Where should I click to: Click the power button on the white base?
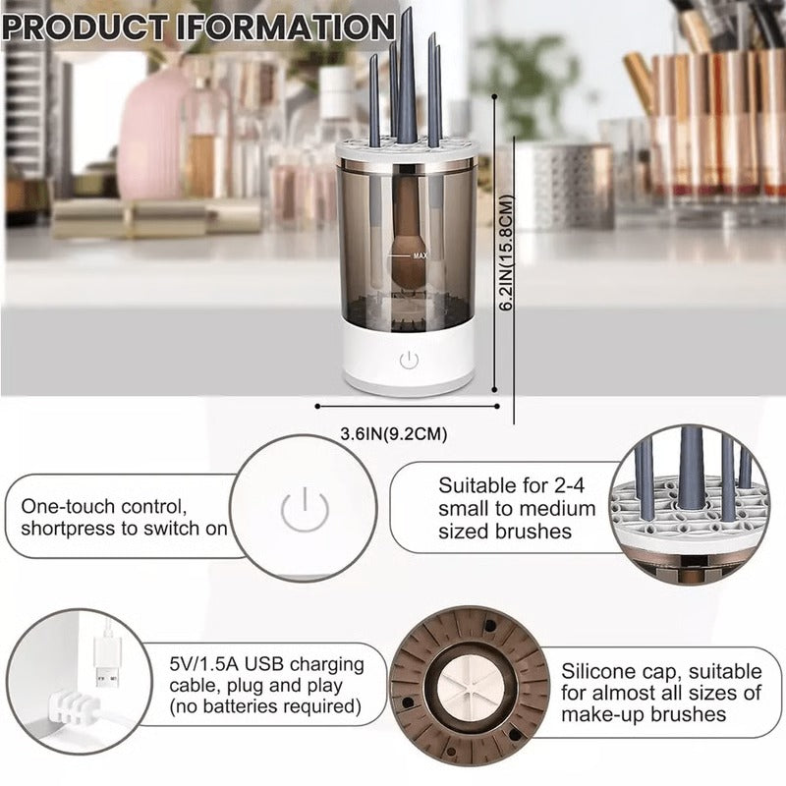pos(409,361)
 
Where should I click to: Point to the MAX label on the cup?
pos(421,255)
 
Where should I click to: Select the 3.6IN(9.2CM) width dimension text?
pos(385,432)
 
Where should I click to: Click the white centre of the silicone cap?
pos(469,690)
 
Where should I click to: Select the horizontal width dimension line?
pos(408,404)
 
